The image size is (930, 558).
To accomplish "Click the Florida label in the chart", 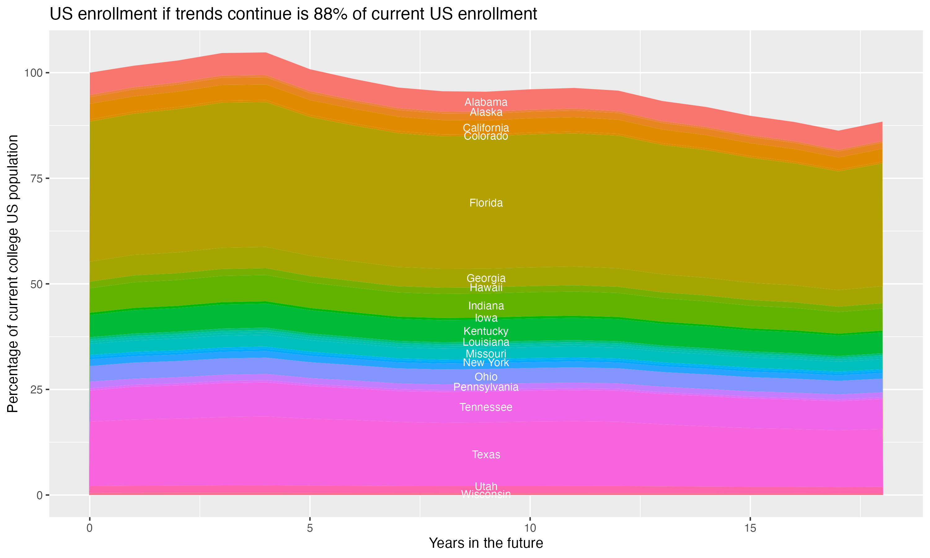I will (x=486, y=203).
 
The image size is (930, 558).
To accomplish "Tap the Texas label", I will (x=486, y=454).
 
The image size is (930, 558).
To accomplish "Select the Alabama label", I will (x=486, y=102).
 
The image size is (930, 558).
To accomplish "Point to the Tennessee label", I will (x=486, y=407).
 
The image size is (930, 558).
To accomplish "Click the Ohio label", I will (x=486, y=377).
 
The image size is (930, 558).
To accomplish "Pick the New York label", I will (x=486, y=363).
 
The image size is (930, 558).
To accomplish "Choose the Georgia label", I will (x=486, y=278).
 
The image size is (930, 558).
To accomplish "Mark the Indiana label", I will (x=486, y=306).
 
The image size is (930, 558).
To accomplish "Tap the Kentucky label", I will (x=486, y=331).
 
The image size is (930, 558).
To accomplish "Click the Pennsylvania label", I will (x=486, y=387).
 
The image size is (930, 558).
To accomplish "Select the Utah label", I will (x=486, y=486).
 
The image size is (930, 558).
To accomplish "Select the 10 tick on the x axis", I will (x=530, y=528).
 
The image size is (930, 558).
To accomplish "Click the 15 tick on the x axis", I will (x=750, y=528).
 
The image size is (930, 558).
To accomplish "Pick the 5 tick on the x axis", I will (x=310, y=528).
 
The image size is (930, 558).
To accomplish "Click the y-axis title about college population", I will (x=13, y=273).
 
